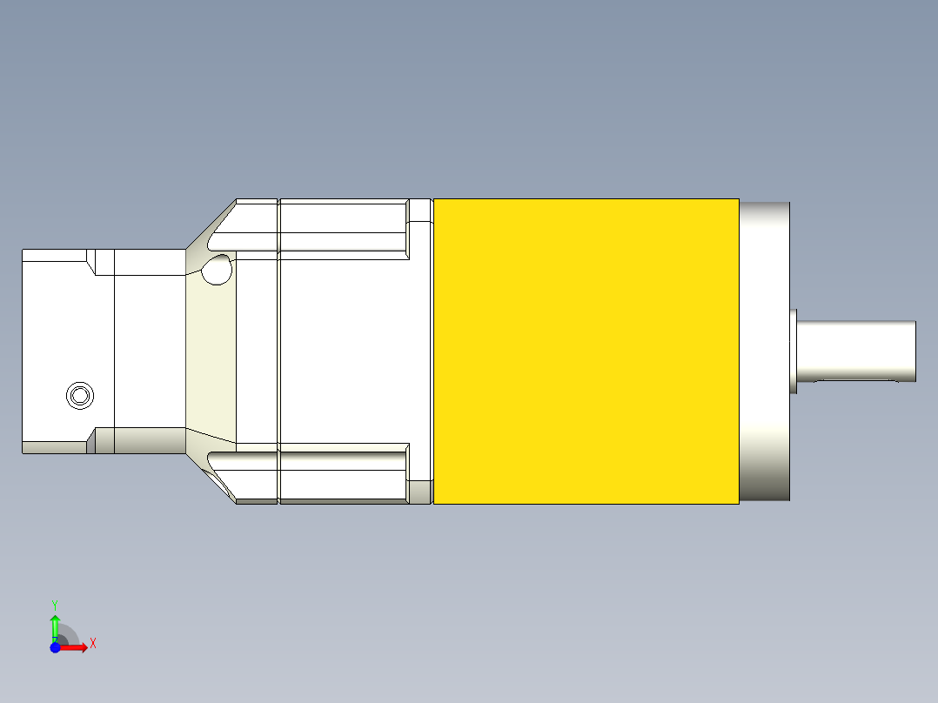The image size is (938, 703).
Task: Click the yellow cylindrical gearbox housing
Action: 586,351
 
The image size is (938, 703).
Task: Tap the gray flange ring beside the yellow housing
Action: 765,351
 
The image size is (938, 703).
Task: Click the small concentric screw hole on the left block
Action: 80,396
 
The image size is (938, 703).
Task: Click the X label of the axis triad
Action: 93,644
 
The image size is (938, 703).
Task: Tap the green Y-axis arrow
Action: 55,625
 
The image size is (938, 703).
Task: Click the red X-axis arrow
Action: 75,647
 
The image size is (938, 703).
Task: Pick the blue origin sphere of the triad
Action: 55,647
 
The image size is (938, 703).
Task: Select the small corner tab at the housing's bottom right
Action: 420,492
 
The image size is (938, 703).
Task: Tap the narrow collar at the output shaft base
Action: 794,351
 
